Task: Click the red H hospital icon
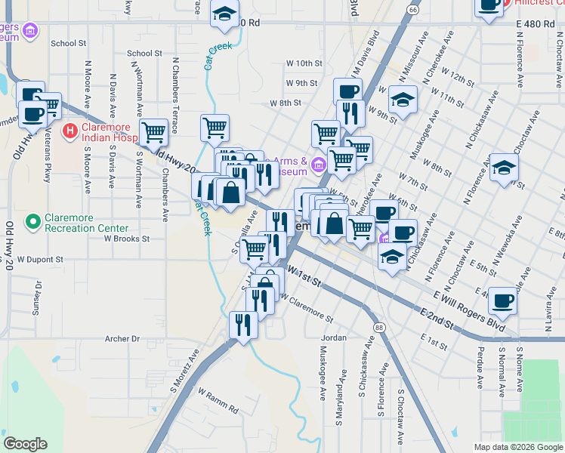[x=70, y=131]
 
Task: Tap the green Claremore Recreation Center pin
[x=32, y=222]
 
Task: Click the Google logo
[x=25, y=443]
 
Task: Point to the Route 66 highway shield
[x=412, y=10]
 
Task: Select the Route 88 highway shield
[x=378, y=327]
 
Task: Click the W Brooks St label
[x=127, y=238]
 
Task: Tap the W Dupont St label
[x=37, y=259]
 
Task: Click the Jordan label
[x=333, y=337]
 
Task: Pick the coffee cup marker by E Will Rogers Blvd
[x=502, y=301]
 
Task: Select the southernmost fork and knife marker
[x=242, y=325]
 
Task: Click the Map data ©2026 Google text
[x=519, y=447]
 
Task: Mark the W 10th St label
[x=304, y=63]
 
